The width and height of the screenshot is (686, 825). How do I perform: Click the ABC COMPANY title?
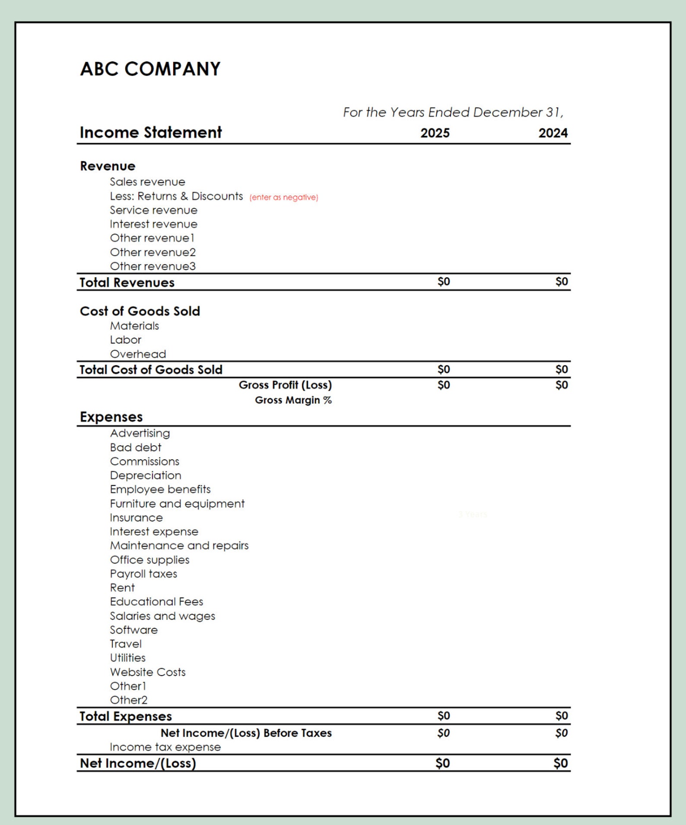click(x=150, y=69)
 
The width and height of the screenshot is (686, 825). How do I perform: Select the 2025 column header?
click(x=435, y=133)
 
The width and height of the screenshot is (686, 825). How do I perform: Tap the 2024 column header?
click(x=553, y=133)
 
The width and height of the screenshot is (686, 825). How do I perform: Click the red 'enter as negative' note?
click(x=283, y=197)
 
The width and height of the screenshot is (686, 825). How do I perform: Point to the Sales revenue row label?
click(x=147, y=182)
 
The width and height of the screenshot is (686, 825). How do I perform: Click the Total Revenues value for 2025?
click(x=444, y=282)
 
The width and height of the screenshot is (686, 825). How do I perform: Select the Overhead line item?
click(x=138, y=354)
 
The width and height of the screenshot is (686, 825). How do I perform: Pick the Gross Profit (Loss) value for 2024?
click(x=561, y=385)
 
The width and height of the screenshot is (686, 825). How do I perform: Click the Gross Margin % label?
click(x=293, y=400)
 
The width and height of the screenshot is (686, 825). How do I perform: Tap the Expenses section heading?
click(x=111, y=417)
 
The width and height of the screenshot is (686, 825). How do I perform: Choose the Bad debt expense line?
click(x=136, y=447)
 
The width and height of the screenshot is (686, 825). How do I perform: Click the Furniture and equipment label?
click(x=177, y=503)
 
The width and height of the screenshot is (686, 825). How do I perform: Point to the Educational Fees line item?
click(x=156, y=601)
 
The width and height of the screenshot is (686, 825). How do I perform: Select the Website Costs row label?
click(x=148, y=672)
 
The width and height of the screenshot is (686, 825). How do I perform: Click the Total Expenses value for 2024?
click(x=561, y=716)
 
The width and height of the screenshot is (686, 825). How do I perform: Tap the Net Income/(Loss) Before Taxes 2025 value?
click(x=443, y=733)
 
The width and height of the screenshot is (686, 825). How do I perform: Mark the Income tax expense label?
click(x=165, y=747)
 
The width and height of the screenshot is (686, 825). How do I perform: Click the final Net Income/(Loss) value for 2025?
click(x=442, y=763)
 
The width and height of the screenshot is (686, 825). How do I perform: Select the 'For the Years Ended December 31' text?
click(x=453, y=112)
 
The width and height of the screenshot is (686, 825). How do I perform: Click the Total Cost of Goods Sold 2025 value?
click(x=444, y=370)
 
